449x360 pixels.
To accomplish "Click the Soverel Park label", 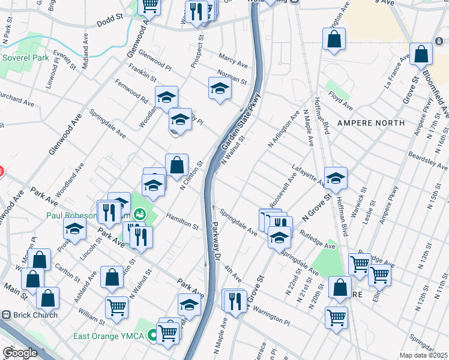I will pos(25,58).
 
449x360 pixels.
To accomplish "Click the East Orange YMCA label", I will pos(108,336).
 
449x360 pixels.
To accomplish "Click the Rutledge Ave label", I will pos(318,239).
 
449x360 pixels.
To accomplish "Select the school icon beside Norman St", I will pos(220,89).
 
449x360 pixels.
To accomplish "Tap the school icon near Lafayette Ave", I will pos(336,178).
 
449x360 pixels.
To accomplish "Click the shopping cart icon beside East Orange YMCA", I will pos(167,332).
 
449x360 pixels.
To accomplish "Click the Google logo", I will pos(20,353).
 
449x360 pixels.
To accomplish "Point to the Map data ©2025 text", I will pos(424,355).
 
